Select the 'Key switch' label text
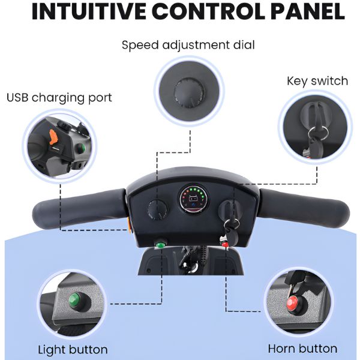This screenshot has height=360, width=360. pyautogui.click(x=317, y=81)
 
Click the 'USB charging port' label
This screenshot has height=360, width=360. pyautogui.click(x=59, y=97)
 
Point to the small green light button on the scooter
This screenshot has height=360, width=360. pyautogui.click(x=161, y=244)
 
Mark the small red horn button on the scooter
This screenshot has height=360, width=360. pyautogui.click(x=226, y=244)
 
